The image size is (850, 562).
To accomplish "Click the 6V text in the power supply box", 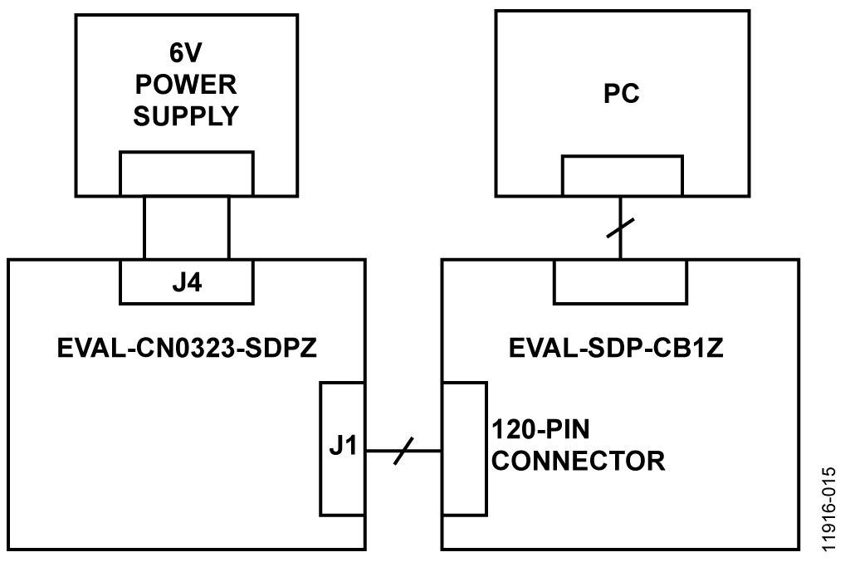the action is point(185,52).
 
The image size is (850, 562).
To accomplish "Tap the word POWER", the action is point(186,85).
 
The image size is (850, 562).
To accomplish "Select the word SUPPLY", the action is point(186,116).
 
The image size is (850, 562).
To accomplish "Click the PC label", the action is point(621,93).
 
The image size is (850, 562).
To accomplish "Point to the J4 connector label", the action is point(187,283).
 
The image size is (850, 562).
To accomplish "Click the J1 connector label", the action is point(343,446).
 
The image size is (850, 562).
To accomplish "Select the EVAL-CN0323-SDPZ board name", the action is point(187,348).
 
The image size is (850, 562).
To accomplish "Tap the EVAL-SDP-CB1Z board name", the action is point(616,348).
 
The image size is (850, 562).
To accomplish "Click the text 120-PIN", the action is point(540,429).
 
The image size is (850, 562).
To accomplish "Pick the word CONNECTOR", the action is point(579,461).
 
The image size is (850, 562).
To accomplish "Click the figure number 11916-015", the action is point(829,510).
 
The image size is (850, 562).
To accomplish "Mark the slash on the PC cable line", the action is point(620,227).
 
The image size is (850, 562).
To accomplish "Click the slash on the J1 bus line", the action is point(403,451).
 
